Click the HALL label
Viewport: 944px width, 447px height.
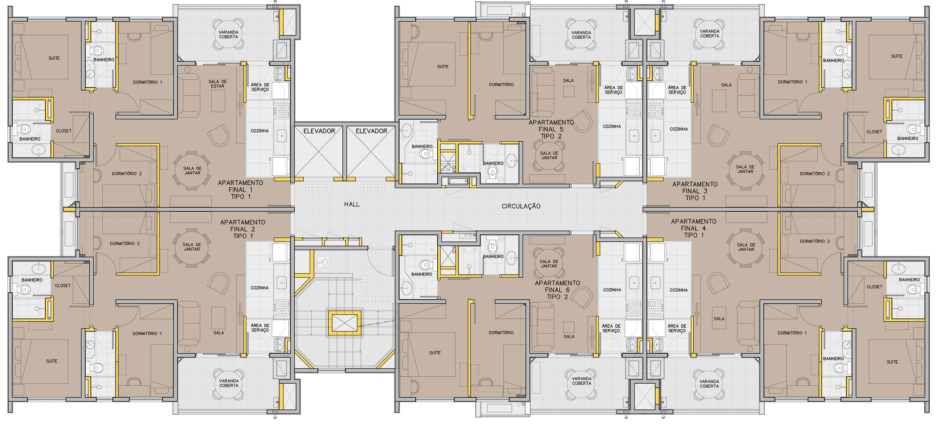pos(352,204)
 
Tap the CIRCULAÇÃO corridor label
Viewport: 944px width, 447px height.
pos(521,206)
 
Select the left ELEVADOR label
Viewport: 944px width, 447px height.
pos(319,131)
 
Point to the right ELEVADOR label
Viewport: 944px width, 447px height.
pos(371,131)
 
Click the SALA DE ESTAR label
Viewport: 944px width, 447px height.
pos(218,84)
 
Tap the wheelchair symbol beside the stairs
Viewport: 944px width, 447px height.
pos(324,262)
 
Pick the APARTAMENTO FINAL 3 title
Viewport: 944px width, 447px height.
pos(695,191)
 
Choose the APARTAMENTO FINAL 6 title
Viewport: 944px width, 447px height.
pos(558,290)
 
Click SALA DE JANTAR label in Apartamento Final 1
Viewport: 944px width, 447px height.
pos(192,171)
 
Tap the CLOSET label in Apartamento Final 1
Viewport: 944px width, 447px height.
pos(64,131)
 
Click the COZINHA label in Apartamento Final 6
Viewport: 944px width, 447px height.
pos(612,290)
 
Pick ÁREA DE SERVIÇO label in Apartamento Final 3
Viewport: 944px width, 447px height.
pos(677,90)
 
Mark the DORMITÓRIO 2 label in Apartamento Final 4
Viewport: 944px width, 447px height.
pos(815,241)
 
